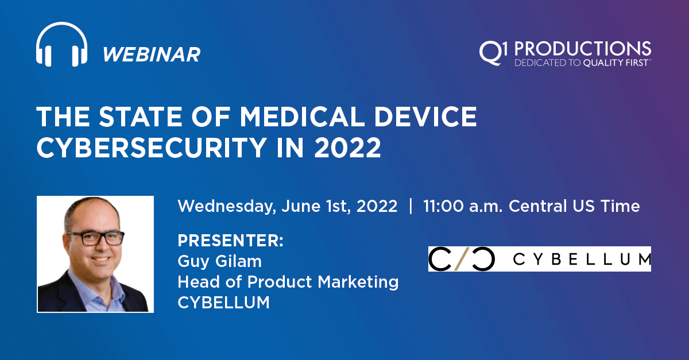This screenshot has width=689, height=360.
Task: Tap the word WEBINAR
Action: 152,55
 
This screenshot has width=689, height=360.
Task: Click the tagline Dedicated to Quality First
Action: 583,63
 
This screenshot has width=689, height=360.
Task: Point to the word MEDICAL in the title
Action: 302,117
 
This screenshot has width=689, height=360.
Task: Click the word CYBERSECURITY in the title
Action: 152,148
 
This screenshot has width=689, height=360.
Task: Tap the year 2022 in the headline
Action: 347,148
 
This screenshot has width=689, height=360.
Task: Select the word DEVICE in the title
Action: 425,117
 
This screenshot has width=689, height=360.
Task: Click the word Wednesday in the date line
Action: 227,206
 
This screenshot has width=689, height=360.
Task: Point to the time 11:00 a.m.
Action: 463,206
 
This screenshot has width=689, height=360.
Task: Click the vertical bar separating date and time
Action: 411,206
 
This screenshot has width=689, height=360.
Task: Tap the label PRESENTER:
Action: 230,241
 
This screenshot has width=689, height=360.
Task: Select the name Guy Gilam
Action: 219,262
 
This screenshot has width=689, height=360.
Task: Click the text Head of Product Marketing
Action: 288,282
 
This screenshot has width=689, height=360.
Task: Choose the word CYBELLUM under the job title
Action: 223,303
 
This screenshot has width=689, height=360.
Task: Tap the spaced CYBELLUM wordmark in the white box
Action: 582,259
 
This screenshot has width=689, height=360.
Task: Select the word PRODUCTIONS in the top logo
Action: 583,49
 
